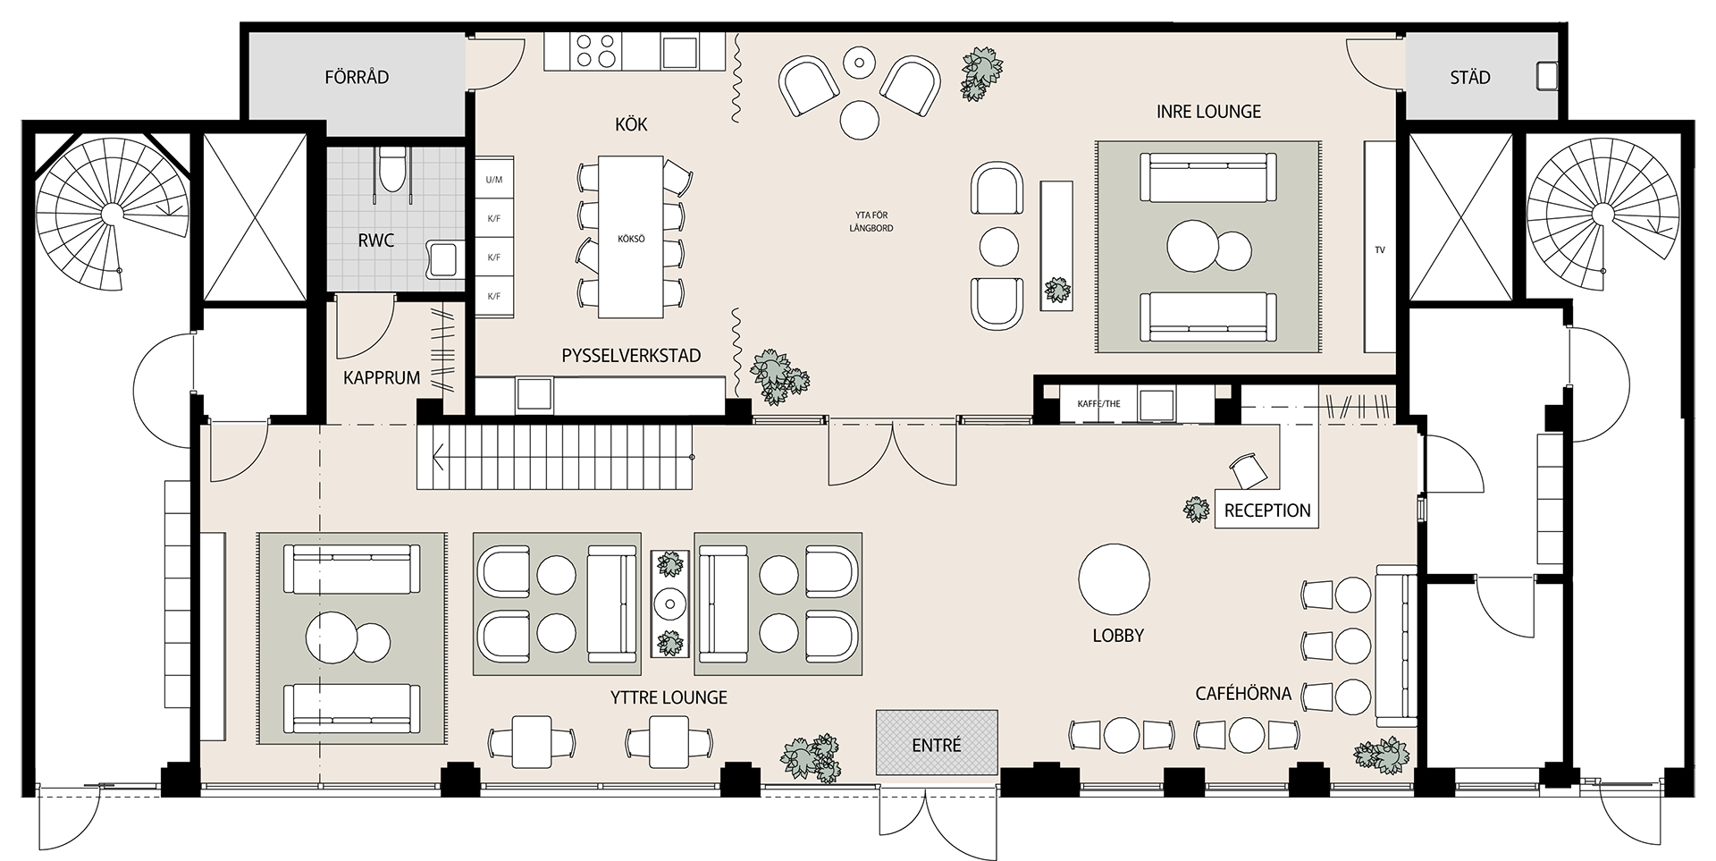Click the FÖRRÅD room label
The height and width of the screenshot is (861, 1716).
click(357, 78)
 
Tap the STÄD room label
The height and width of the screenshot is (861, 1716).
click(1469, 78)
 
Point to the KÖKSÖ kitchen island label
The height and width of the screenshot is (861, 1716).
click(631, 240)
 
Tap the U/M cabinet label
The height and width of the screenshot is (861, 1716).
click(493, 180)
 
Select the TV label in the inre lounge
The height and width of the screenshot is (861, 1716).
click(1379, 250)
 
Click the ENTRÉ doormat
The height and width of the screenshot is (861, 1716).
click(936, 743)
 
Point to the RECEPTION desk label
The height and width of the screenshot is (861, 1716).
click(1266, 511)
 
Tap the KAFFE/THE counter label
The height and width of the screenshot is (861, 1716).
click(1098, 403)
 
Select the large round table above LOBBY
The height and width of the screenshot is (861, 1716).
click(1114, 578)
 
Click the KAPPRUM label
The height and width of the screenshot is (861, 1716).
click(382, 378)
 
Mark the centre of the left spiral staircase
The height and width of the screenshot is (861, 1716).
click(112, 214)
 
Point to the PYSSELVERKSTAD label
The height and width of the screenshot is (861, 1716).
click(631, 356)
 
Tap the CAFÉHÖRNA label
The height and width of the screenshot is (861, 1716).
click(1242, 694)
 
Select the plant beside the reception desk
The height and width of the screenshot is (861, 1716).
click(1196, 510)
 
